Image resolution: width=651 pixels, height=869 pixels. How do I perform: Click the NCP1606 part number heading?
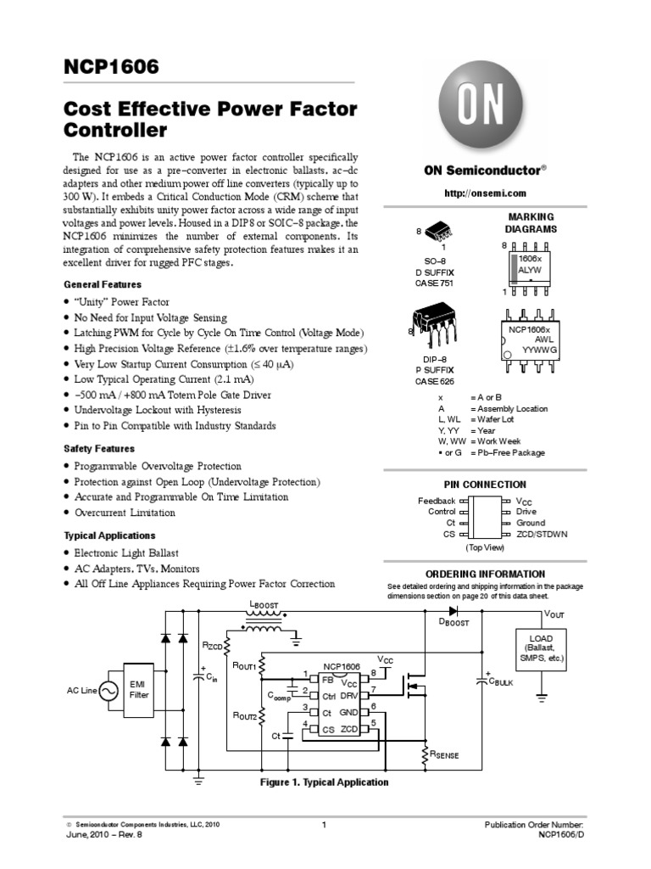pyautogui.click(x=112, y=67)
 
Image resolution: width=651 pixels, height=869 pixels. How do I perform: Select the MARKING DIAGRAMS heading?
pyautogui.click(x=531, y=223)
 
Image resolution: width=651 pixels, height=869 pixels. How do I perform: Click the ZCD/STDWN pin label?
pyautogui.click(x=542, y=535)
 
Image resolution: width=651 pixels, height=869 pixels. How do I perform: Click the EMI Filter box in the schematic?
pyautogui.click(x=139, y=688)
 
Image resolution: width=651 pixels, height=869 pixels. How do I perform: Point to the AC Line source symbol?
pyautogui.click(x=109, y=691)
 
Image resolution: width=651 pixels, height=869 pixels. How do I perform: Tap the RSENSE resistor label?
pyautogui.click(x=444, y=754)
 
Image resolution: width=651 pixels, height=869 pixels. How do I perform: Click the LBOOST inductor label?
pyautogui.click(x=263, y=605)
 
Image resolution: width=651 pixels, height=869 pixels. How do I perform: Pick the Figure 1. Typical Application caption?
pyautogui.click(x=324, y=782)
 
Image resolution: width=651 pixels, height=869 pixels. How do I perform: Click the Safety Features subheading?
pyautogui.click(x=99, y=448)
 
